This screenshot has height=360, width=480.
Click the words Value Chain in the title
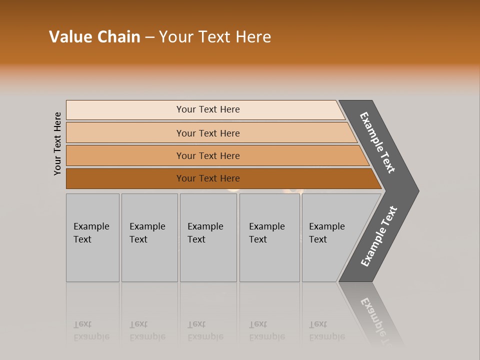click(x=94, y=37)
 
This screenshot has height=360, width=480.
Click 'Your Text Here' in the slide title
click(x=215, y=37)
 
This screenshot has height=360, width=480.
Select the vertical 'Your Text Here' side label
click(x=57, y=143)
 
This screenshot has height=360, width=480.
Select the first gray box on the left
click(x=92, y=237)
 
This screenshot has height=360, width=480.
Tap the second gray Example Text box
click(x=149, y=237)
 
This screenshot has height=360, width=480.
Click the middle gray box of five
click(x=208, y=237)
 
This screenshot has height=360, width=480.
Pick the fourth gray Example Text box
click(x=269, y=237)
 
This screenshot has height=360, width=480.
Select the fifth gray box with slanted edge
click(x=330, y=237)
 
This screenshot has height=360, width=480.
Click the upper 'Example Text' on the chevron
click(x=377, y=142)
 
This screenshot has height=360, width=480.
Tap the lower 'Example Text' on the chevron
click(x=378, y=236)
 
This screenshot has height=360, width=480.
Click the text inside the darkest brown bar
click(x=208, y=178)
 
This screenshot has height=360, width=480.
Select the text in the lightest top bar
click(x=208, y=109)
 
